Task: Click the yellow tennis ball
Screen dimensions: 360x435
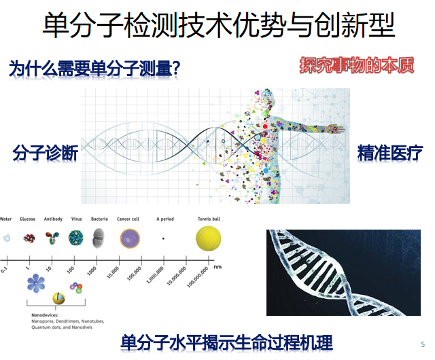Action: pos(208,238)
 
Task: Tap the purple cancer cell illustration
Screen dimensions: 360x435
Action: pos(130,238)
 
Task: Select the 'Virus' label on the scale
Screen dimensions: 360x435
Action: pos(76,219)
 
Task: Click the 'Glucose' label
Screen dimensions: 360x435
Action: pos(28,219)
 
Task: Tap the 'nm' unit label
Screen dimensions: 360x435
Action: pos(217,267)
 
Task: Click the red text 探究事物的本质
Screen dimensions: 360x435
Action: pos(357,65)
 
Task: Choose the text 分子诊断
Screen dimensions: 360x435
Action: pos(45,153)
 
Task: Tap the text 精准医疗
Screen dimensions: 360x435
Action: pos(390,153)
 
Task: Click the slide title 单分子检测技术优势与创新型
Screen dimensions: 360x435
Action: pos(218,26)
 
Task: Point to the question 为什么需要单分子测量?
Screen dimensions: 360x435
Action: pos(94,68)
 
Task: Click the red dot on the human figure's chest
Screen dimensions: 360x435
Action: pos(265,126)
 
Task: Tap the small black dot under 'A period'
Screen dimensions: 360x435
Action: pos(163,239)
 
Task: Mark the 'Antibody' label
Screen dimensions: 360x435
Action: pos(53,219)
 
